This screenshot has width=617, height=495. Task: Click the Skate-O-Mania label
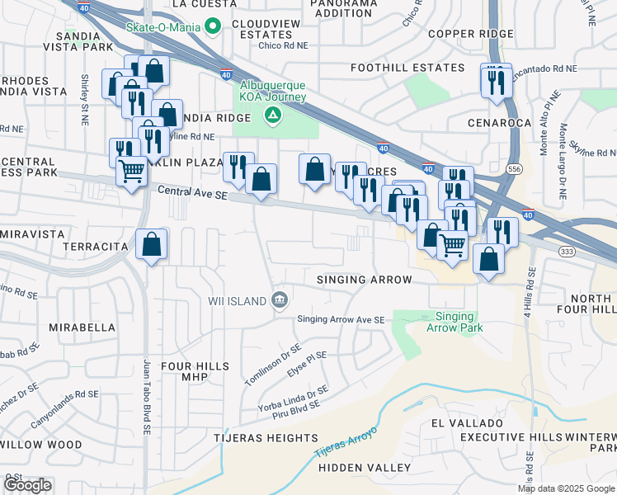click(163, 26)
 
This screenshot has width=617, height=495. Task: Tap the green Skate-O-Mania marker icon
click(214, 26)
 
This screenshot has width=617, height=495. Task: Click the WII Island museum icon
click(280, 299)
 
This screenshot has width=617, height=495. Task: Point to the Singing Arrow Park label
click(455, 322)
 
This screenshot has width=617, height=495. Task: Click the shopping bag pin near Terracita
click(152, 244)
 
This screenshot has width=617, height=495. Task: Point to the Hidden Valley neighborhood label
click(365, 467)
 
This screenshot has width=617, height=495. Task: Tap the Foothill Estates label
click(407, 67)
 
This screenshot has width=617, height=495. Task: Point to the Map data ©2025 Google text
click(565, 488)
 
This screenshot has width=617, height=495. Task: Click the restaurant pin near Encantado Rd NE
click(496, 81)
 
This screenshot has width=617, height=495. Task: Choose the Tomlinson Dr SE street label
click(273, 364)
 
